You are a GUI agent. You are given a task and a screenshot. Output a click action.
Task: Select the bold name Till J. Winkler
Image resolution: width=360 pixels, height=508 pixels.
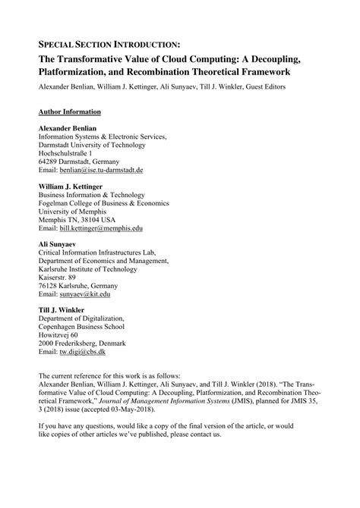(65, 309)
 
